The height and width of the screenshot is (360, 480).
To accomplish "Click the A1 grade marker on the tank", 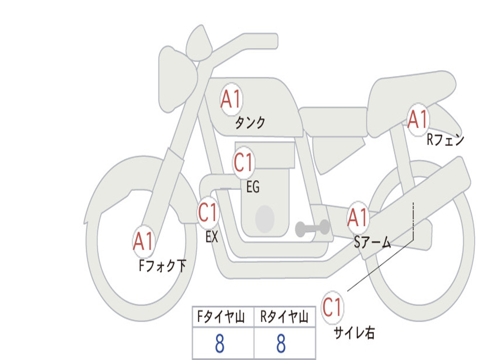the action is [231, 99].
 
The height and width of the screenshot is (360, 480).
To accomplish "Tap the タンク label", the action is [250, 123].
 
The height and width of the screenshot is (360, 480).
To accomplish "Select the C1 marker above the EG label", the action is [244, 162].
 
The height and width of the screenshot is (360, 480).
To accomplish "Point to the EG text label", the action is [253, 187].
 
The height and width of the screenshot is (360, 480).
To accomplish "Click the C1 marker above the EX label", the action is [208, 212].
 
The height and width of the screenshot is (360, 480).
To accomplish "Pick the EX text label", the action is [211, 237].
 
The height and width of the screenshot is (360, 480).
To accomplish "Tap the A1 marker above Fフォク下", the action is [143, 241].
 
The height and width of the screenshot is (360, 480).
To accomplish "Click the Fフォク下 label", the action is [162, 266].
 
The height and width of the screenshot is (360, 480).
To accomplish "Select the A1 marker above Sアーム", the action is [358, 217].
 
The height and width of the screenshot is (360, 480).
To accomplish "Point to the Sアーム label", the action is [373, 243].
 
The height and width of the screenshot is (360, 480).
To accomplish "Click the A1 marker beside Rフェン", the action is [418, 120].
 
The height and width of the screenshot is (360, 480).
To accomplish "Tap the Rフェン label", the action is [446, 140].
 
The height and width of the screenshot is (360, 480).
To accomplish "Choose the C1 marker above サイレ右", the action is [332, 307].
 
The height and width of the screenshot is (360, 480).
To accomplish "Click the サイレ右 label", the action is [354, 333].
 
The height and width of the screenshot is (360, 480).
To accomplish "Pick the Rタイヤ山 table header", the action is [284, 317].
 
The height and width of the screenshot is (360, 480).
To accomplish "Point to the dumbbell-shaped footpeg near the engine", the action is [313, 228].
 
